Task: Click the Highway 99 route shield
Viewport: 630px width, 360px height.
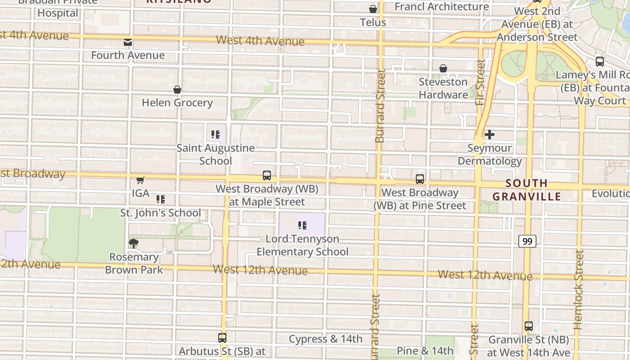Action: (527, 242)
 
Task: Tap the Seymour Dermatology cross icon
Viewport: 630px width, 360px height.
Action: (489, 135)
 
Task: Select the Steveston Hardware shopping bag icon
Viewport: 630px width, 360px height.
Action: (443, 68)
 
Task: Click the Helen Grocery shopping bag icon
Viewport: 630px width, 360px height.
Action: (177, 90)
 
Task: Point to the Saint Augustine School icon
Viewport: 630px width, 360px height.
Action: (215, 135)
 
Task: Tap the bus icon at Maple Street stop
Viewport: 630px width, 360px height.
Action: (267, 175)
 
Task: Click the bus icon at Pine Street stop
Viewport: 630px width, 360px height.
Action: (420, 179)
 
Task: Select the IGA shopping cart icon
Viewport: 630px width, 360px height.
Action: (140, 180)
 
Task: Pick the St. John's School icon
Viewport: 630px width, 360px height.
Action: (160, 199)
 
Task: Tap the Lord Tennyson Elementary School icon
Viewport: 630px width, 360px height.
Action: (302, 225)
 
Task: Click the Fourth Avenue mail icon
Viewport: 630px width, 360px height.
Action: (128, 42)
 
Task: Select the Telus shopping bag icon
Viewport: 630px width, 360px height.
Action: (373, 9)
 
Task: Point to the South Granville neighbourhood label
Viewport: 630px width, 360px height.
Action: (526, 190)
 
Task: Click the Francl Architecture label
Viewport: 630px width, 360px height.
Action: (441, 7)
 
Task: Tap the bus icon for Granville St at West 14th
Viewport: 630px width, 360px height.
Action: (529, 326)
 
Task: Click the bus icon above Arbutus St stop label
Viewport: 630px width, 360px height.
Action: (222, 337)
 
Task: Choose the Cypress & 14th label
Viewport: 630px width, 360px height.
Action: (325, 339)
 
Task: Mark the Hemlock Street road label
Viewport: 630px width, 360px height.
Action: (579, 288)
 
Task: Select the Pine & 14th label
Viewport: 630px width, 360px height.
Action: (425, 351)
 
